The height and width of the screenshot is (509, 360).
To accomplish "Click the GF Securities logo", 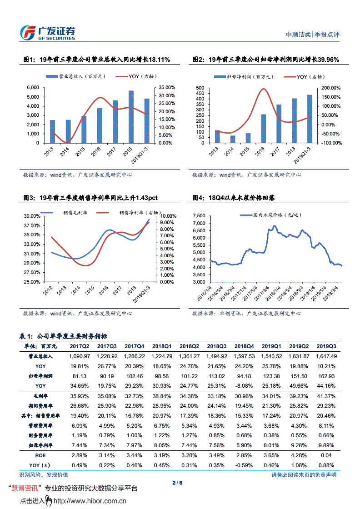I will coord(47,33).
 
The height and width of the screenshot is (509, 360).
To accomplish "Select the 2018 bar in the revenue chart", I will coord(131,117).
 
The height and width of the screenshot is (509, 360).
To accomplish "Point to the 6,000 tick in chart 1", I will coord(33,87).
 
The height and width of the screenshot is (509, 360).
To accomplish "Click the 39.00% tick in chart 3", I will coord(33,216).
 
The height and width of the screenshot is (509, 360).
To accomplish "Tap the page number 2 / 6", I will coord(178,483).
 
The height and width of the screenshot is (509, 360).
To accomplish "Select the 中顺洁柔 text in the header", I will coord(298,35).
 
